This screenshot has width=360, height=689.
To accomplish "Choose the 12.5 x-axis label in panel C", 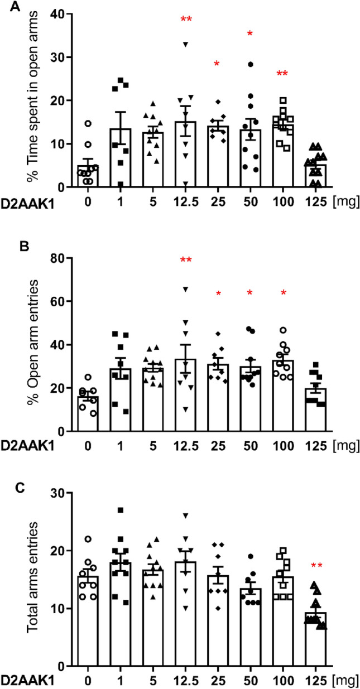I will [186, 680].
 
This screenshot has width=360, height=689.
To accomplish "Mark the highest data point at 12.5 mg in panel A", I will [186, 44].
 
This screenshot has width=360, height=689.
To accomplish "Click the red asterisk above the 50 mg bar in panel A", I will [251, 35].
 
